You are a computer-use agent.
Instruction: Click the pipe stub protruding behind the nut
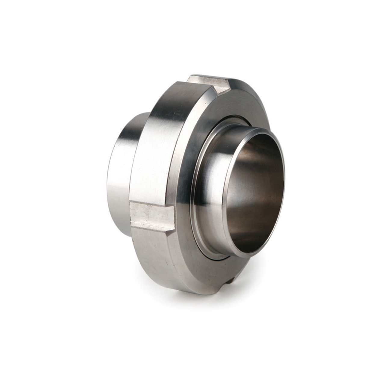click(123, 168)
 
